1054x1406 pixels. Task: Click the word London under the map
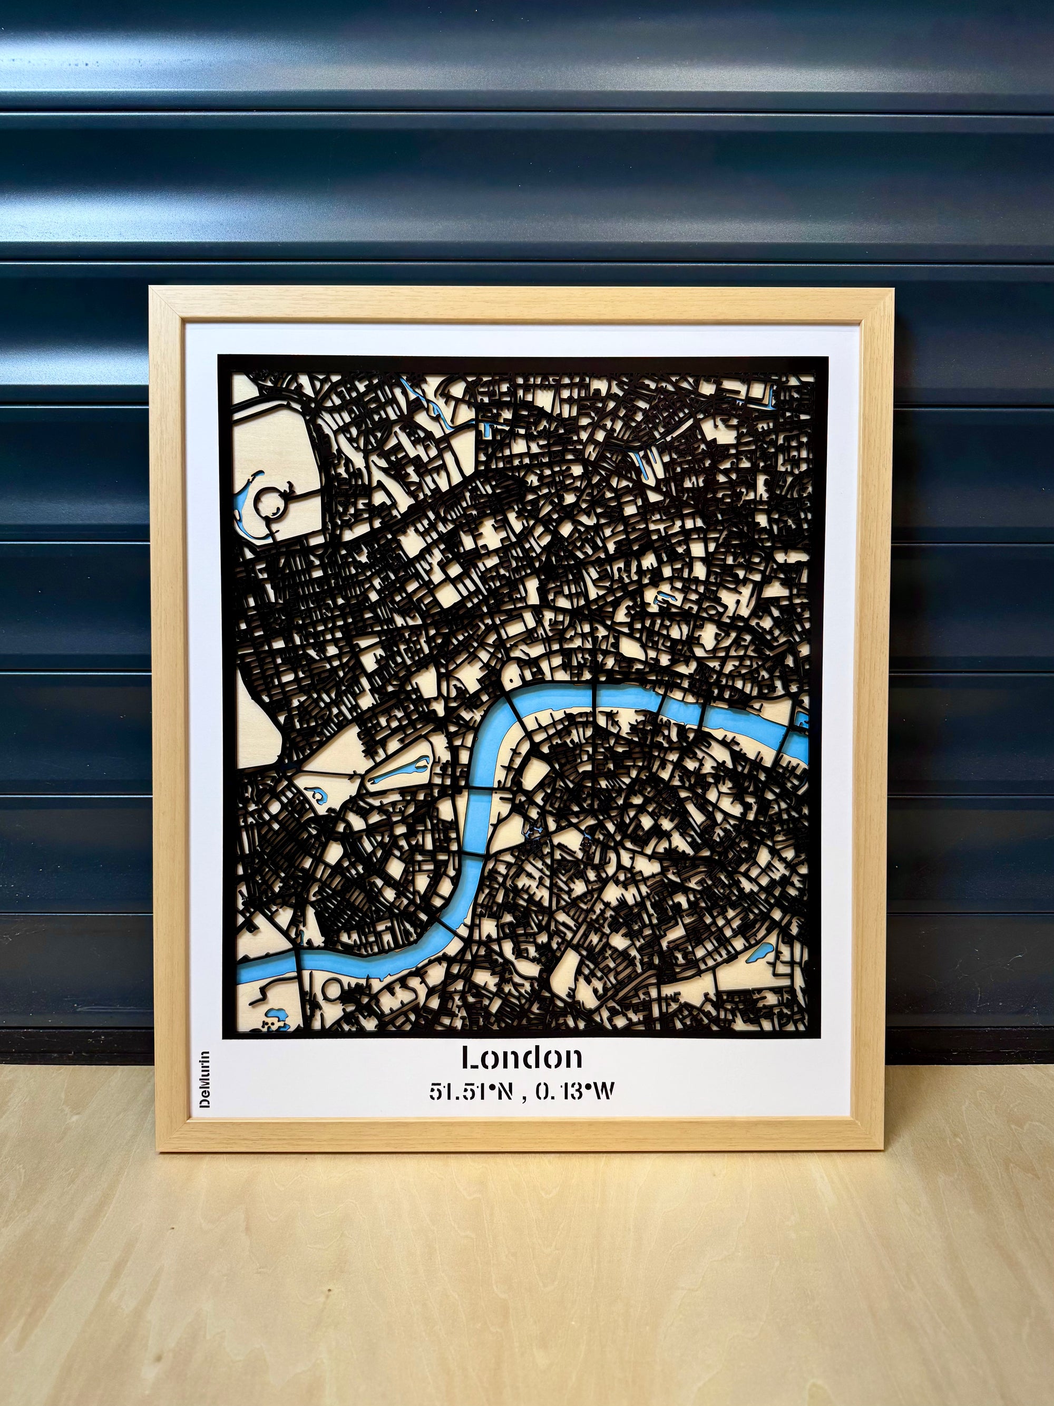[x=522, y=1057]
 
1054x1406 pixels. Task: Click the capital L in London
[x=470, y=1057]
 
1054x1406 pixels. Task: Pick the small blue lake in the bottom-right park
[x=760, y=952]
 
